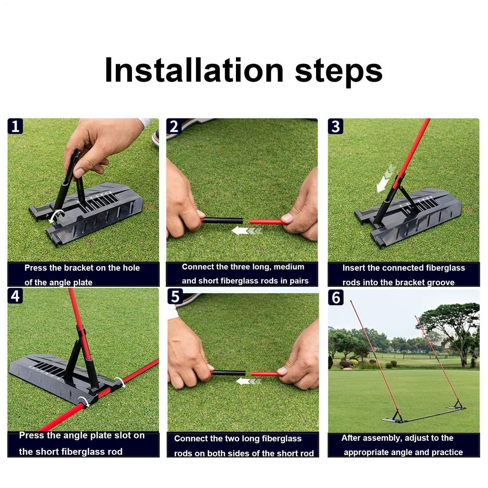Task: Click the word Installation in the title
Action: click(193, 71)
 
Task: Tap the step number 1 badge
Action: click(15, 127)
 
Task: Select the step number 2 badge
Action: click(174, 127)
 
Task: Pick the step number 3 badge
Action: click(336, 127)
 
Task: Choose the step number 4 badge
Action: click(15, 296)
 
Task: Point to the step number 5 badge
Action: click(175, 296)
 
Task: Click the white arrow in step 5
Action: click(249, 381)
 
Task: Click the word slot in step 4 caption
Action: click(120, 436)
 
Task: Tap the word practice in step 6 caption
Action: click(444, 452)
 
